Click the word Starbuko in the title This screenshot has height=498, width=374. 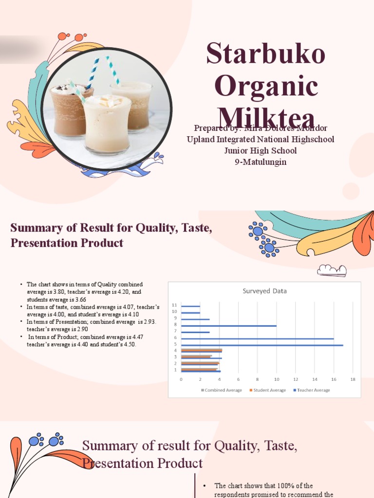click(265, 53)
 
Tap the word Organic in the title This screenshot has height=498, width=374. click(266, 86)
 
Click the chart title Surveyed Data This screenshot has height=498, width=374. click(264, 291)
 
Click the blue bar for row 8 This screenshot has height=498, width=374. click(228, 325)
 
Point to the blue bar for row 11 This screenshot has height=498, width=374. click(190, 306)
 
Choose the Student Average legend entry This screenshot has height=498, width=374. click(268, 390)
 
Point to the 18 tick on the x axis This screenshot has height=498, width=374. click(353, 379)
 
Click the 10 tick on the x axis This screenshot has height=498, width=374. click(276, 379)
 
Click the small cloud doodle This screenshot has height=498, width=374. click(332, 270)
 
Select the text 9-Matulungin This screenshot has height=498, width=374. click(261, 162)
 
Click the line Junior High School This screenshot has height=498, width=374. click(261, 151)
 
